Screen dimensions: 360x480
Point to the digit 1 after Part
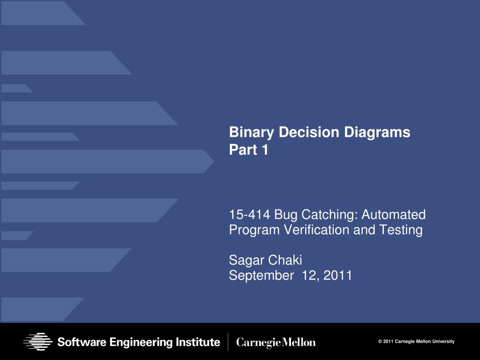pyautogui.click(x=265, y=150)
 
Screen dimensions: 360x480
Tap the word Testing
pyautogui.click(x=401, y=230)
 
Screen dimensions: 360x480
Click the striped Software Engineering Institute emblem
pyautogui.click(x=37, y=342)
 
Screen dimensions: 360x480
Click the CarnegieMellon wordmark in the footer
pyautogui.click(x=276, y=343)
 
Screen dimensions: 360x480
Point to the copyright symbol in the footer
pyautogui.click(x=380, y=342)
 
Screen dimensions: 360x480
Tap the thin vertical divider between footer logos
pyautogui.click(x=228, y=342)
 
